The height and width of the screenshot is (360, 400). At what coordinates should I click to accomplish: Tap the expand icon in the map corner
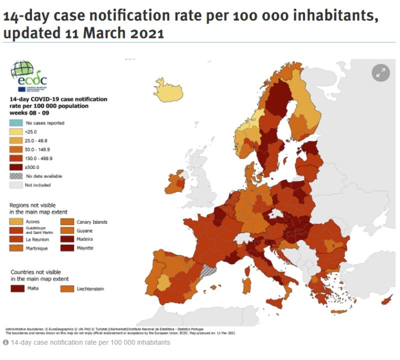[380, 72]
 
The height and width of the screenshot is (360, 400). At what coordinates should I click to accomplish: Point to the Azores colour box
[16, 221]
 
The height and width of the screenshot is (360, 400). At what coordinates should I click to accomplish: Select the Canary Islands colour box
[67, 221]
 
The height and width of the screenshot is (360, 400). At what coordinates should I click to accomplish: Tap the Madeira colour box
[67, 239]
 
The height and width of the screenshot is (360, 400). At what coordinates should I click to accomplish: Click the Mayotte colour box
[67, 248]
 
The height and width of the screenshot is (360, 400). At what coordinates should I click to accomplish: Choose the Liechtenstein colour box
[67, 288]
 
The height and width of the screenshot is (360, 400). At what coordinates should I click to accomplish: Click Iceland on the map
[168, 90]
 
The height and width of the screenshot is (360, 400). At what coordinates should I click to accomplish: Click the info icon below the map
[5, 342]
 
